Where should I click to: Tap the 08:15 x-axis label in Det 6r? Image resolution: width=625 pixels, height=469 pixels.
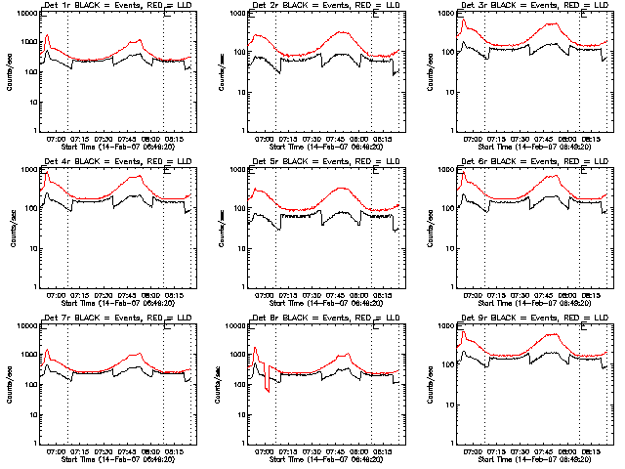pyautogui.click(x=590, y=295)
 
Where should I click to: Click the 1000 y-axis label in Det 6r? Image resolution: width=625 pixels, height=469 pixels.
pyautogui.click(x=444, y=171)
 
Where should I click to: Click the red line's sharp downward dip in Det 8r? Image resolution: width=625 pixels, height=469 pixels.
pyautogui.click(x=269, y=391)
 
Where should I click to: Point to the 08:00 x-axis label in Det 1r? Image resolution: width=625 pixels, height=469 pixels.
pyautogui.click(x=151, y=139)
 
